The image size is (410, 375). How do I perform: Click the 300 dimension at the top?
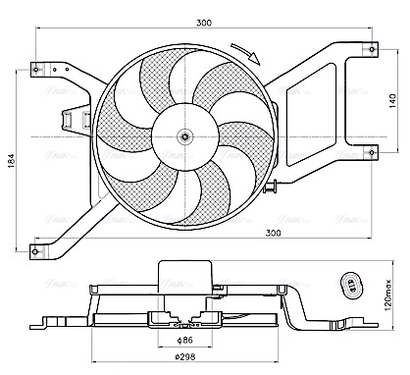coord(204,22)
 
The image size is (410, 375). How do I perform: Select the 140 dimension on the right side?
coord(393,101)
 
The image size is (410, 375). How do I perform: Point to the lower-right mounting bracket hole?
coord(372,149)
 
